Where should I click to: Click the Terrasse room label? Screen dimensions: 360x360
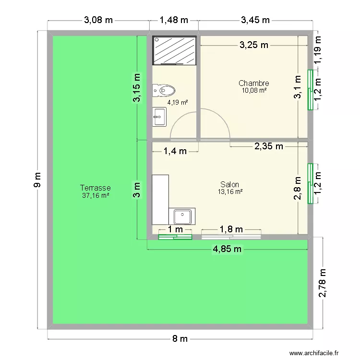coord(96,188)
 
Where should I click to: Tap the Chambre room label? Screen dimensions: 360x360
coord(253,83)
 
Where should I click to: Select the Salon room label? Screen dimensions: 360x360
coord(229,184)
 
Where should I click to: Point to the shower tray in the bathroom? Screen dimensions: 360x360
coord(174,50)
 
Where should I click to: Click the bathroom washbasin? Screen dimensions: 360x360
coord(160,117)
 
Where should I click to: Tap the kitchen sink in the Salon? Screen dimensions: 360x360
coord(183,217)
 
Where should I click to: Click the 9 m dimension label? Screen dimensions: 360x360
coord(37,180)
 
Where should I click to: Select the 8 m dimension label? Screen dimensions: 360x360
coord(180,339)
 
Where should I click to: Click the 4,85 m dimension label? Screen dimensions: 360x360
coord(227,249)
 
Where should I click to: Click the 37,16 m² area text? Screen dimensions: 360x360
coord(96,195)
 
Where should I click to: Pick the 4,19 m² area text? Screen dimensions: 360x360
coord(177,102)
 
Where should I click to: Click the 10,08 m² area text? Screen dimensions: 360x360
coord(254,90)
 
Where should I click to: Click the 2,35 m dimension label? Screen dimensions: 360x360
coord(269,146)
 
